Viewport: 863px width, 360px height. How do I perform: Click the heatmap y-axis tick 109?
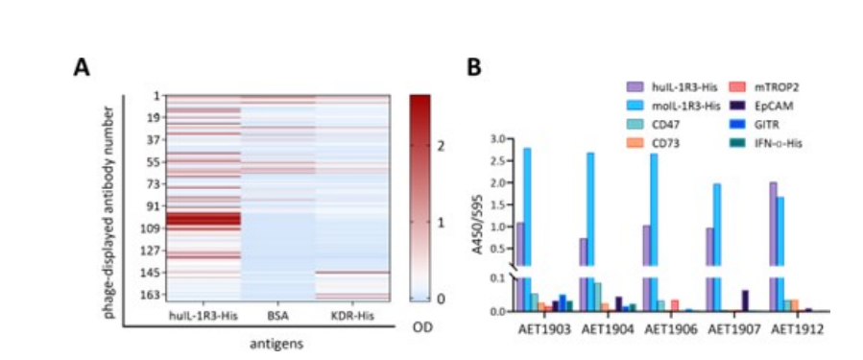coord(152,228)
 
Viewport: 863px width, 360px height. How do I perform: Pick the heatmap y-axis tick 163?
coord(152,295)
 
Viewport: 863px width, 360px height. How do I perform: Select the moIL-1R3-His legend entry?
coord(679,105)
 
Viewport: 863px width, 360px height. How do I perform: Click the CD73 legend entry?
coord(664,144)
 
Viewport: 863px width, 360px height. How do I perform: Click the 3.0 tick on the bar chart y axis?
coord(497,138)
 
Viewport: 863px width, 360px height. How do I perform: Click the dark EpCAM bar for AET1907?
coord(745,300)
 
